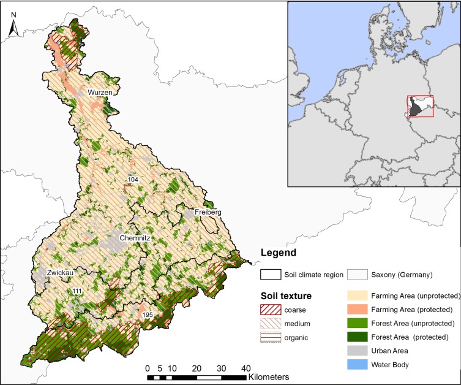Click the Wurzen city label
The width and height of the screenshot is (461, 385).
[100, 92]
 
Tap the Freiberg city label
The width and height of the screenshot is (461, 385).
[208, 212]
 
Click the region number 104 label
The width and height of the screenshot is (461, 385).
[132, 179]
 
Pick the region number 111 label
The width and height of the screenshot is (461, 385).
[77, 291]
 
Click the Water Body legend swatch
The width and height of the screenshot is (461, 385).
[359, 365]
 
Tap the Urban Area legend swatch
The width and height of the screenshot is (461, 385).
[359, 351]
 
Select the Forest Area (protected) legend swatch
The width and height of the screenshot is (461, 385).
[359, 337]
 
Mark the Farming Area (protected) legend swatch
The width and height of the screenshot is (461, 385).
[359, 308]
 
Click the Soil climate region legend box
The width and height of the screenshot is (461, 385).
[271, 274]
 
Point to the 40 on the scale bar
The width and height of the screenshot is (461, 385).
[245, 368]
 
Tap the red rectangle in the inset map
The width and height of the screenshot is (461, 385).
[420, 107]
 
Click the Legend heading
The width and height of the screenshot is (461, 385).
[278, 253]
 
